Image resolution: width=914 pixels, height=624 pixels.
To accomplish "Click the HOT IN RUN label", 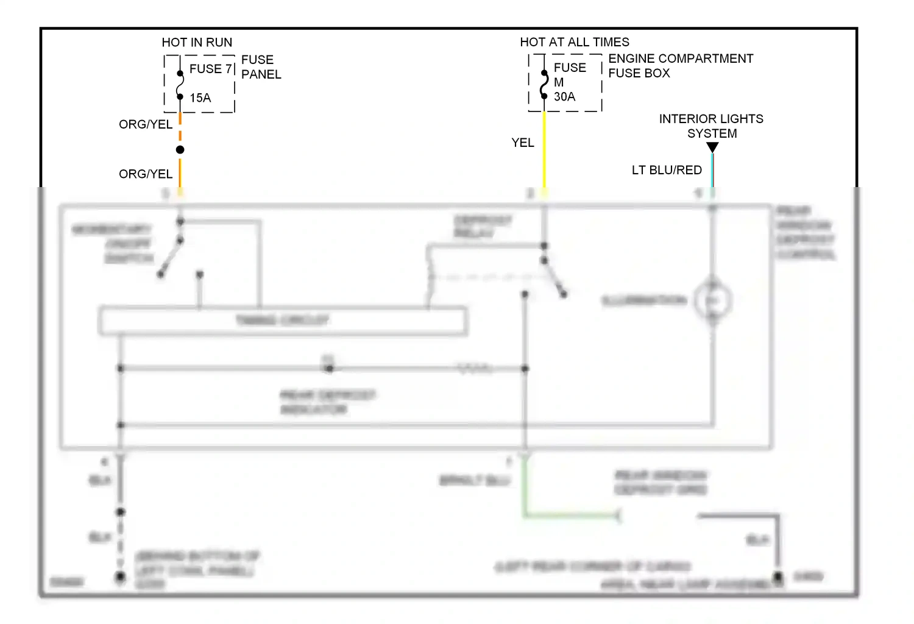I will point(197,43).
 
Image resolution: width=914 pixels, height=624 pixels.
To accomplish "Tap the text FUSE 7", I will point(211,69).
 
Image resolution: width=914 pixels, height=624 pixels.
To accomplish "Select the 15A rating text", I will point(200,98).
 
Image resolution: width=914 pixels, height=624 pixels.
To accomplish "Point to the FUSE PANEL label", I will point(261,67).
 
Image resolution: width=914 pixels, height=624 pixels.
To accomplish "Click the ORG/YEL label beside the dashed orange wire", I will point(146,124).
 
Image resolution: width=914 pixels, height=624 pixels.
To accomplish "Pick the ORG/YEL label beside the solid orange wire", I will point(146,174).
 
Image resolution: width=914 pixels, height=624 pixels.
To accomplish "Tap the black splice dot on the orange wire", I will point(180,150).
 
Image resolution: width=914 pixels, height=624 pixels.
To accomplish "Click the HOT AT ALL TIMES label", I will point(575,42).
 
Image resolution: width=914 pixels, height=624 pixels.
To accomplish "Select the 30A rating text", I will point(564,97).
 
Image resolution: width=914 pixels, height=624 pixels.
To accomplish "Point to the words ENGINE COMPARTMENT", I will point(681,58).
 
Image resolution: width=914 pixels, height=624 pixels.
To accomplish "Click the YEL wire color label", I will point(522,143).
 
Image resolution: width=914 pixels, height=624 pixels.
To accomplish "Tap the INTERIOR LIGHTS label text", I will point(711,119).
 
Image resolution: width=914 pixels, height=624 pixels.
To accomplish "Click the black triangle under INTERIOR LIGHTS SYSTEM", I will point(712,147).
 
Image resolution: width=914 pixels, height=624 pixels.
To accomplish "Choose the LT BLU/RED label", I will point(667,170).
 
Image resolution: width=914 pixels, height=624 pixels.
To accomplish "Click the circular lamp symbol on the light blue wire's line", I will point(712,300).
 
